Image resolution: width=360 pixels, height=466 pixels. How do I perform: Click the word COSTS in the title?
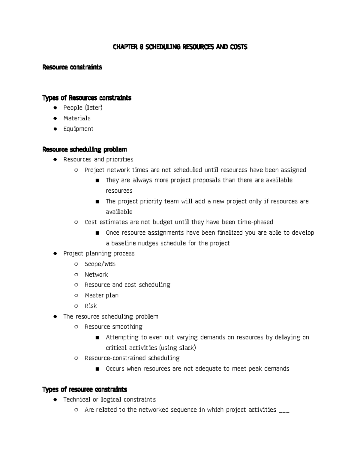point(238,47)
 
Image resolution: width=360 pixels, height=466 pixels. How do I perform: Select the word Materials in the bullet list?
point(77,118)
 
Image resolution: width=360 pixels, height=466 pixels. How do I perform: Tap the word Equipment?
point(78,129)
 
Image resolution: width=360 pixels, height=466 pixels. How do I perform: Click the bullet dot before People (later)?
point(55,108)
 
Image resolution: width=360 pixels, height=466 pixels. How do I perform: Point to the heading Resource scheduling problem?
point(85,149)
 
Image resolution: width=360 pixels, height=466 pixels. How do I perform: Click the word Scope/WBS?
point(100,264)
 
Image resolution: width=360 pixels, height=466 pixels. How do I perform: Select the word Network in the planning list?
point(96,275)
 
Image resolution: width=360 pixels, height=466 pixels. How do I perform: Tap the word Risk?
point(91,306)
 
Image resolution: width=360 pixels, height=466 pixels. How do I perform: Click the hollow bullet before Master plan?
point(76,296)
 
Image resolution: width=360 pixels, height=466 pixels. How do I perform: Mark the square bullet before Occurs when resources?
point(97,369)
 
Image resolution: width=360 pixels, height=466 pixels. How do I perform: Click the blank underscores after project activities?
point(284,410)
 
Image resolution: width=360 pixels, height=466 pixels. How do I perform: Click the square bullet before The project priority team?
point(97,202)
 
